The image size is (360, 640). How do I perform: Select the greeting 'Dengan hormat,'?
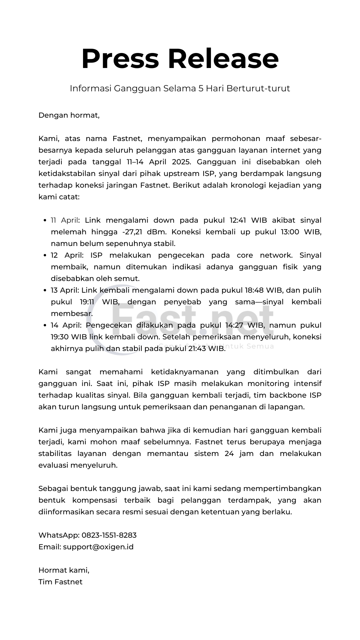69,115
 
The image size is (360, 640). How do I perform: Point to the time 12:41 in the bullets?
238,220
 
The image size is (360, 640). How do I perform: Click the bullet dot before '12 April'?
45,256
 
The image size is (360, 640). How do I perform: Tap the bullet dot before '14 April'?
45,326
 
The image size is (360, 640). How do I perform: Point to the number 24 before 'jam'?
229,454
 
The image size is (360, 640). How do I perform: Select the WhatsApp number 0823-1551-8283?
109,535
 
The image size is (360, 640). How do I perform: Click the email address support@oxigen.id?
98,547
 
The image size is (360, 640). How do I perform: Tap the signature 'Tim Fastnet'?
60,582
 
